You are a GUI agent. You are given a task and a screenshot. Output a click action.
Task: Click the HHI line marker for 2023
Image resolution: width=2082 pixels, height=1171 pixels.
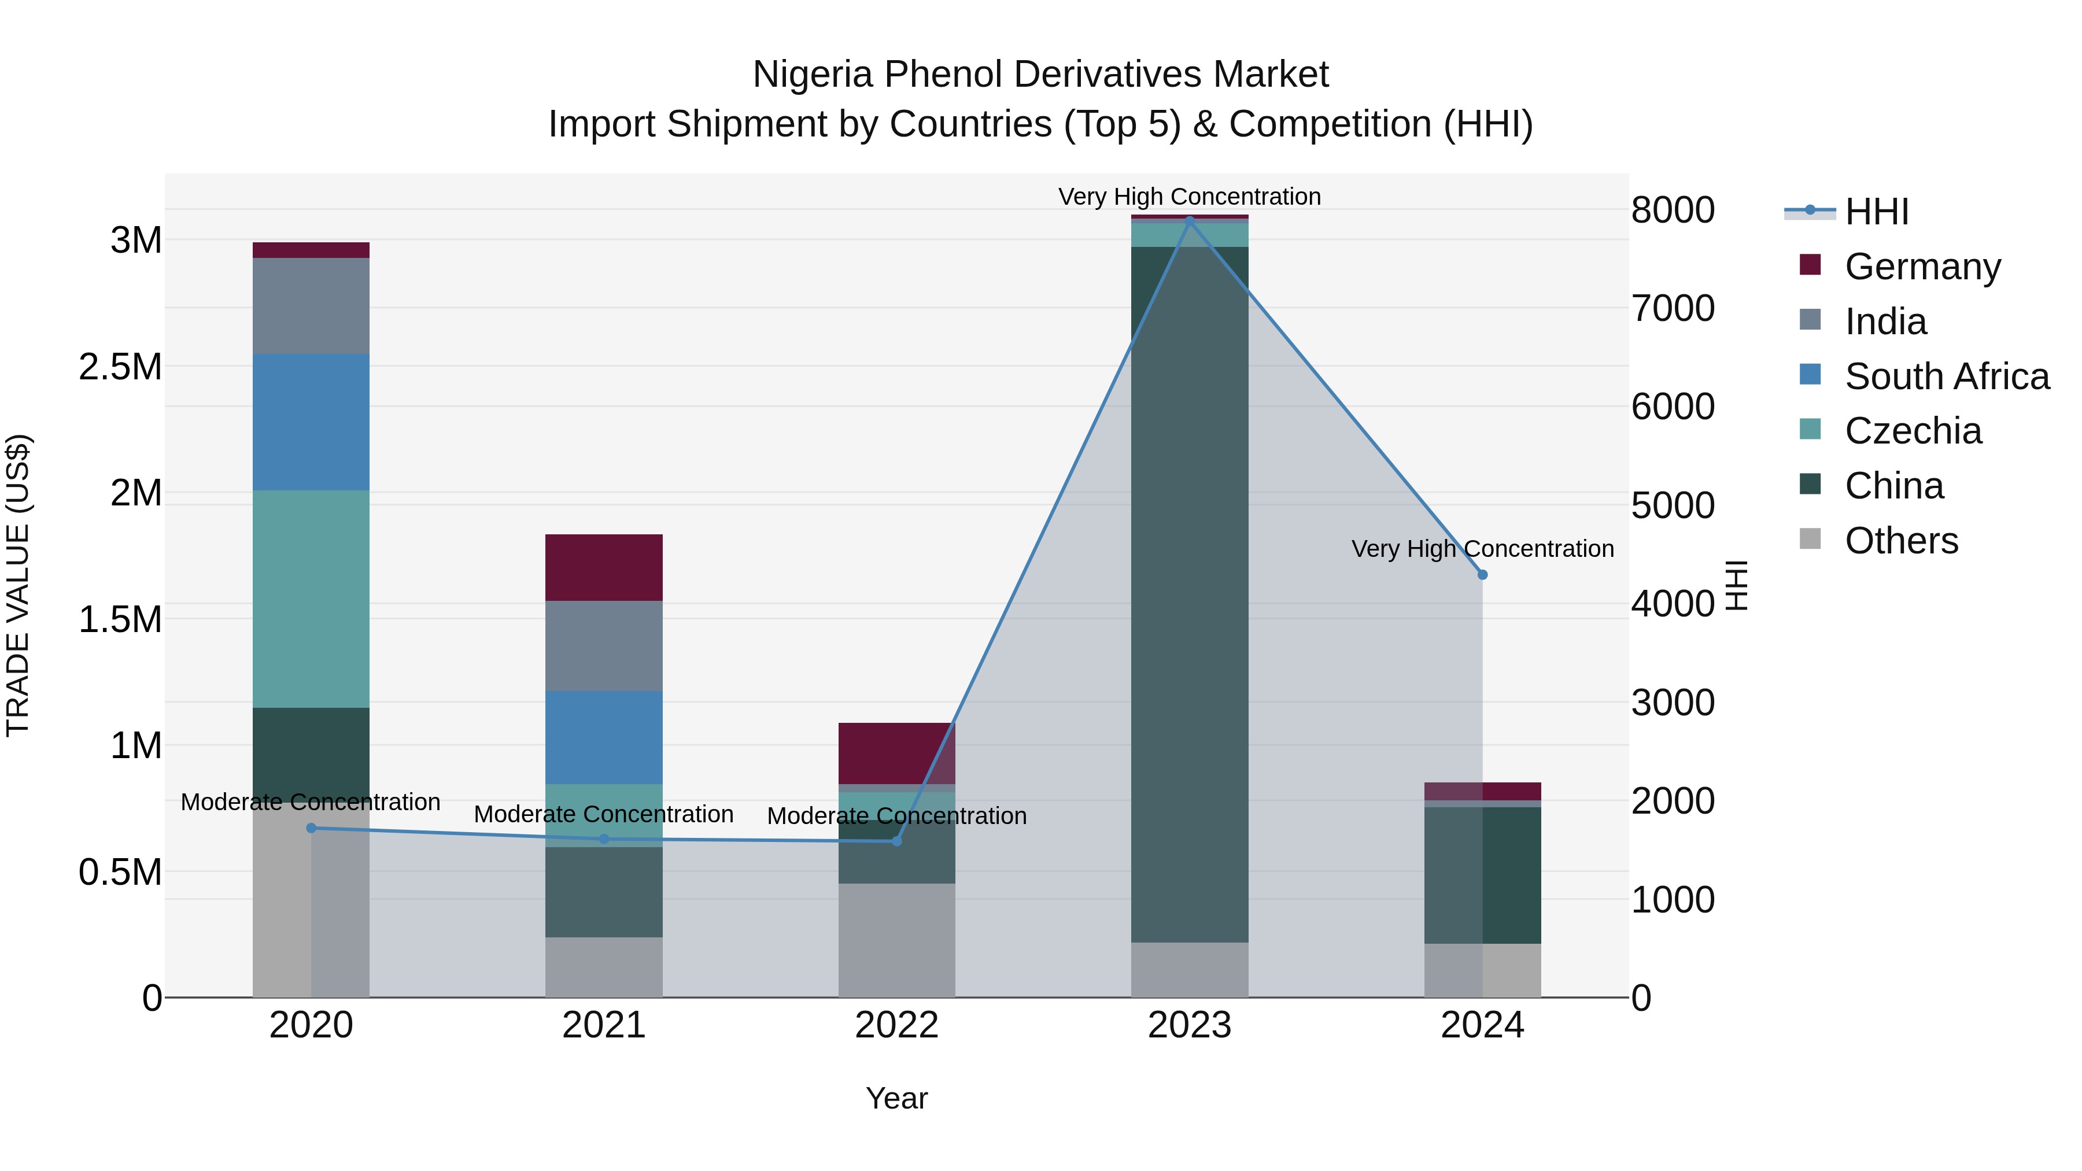pos(1189,221)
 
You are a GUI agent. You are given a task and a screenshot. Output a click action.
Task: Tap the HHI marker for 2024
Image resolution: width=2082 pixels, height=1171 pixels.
pos(1482,575)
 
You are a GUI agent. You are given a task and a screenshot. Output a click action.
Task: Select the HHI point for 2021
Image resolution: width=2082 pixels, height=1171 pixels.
pos(604,839)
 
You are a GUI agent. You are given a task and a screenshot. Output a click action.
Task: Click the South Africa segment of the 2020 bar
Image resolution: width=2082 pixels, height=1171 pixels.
pos(311,422)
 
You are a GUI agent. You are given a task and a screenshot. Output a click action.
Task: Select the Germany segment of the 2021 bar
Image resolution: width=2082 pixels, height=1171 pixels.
pos(604,567)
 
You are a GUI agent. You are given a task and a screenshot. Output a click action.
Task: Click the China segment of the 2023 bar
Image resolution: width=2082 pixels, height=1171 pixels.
pos(1189,594)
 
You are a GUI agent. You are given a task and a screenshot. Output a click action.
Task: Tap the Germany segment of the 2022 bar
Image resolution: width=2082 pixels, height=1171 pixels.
pos(896,752)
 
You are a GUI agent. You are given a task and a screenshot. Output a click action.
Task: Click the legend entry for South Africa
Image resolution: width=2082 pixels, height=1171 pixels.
pos(1946,376)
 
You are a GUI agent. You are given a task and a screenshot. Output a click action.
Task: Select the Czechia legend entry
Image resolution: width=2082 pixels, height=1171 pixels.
pos(1913,431)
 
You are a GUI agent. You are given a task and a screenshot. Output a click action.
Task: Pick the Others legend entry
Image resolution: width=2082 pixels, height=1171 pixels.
pos(1901,541)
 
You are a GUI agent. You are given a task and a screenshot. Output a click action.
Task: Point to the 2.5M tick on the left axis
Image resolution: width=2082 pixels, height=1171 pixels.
pos(120,367)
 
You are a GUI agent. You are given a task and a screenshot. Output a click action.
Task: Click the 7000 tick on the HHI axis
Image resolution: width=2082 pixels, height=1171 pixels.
pos(1672,309)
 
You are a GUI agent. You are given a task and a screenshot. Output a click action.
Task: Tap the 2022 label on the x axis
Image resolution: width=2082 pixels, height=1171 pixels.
pos(896,1025)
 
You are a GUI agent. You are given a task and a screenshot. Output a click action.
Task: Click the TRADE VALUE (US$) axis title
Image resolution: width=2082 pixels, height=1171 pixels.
pos(18,585)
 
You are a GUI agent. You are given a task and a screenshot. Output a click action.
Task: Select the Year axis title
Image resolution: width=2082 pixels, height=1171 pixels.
pos(896,1098)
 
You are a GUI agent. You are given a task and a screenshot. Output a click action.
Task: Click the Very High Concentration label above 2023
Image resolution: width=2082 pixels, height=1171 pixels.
pos(1189,197)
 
